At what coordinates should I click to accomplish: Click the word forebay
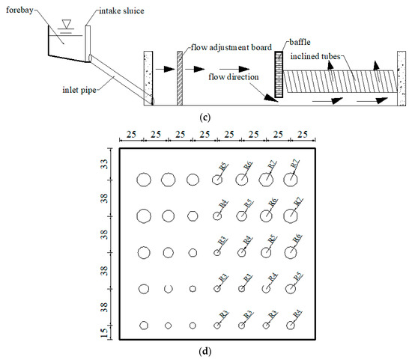(x=17, y=11)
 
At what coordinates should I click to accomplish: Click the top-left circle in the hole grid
(x=144, y=180)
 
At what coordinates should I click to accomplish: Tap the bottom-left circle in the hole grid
(x=144, y=326)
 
